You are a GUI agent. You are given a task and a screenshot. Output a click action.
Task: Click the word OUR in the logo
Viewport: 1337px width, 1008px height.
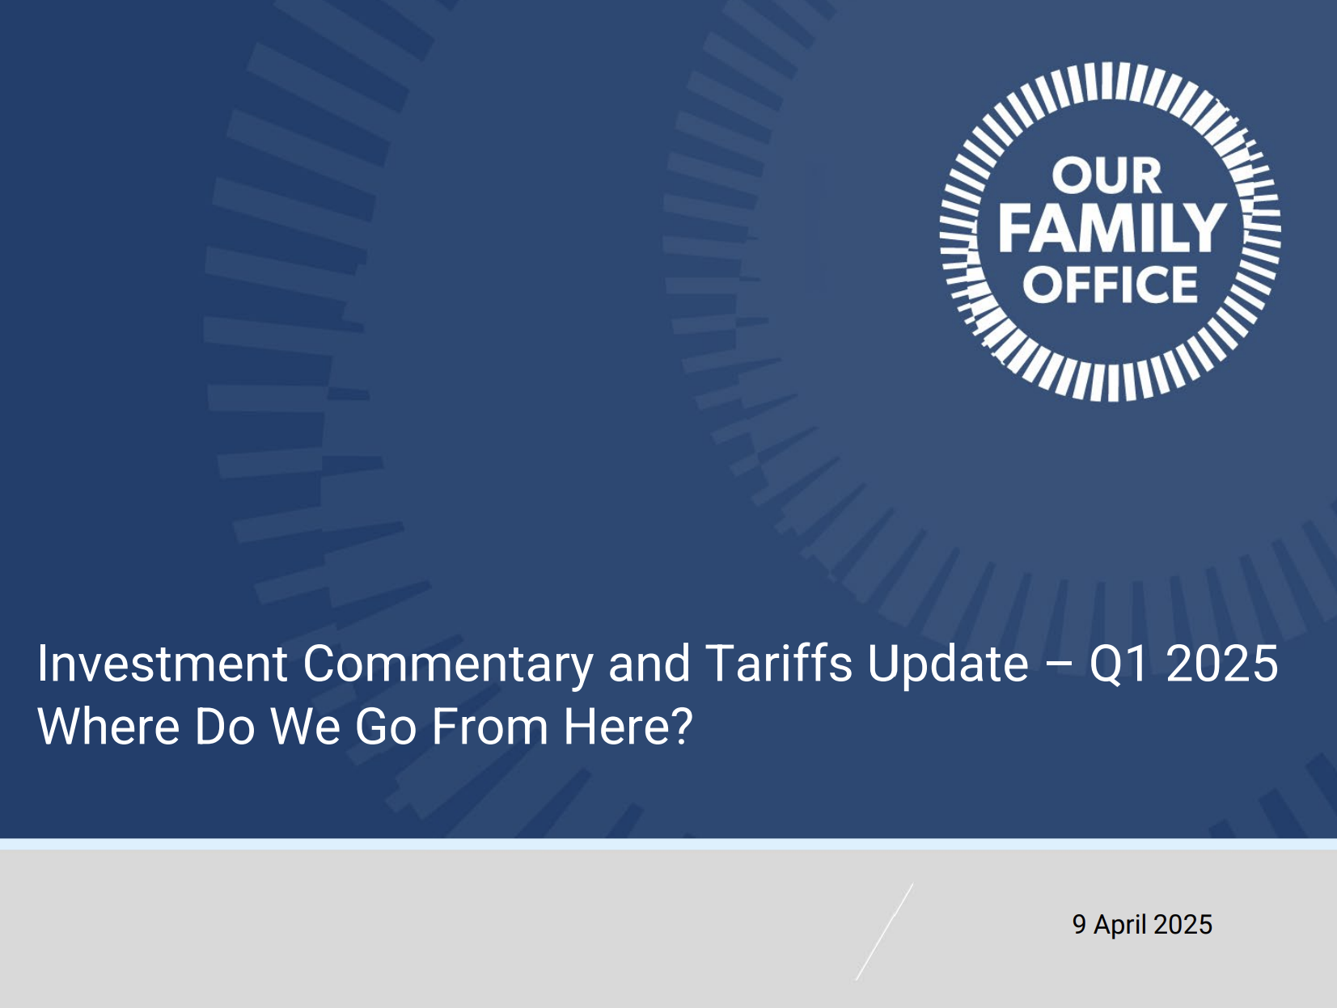click(x=1106, y=175)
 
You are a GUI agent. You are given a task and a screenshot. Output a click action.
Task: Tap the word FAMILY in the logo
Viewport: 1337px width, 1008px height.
click(x=1112, y=228)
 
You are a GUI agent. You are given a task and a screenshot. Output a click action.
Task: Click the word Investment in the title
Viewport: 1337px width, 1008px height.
click(x=163, y=664)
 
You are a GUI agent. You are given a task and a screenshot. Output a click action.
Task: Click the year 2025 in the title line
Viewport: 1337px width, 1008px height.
click(x=1222, y=664)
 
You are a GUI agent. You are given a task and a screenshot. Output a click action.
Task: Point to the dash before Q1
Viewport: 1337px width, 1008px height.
click(x=1059, y=665)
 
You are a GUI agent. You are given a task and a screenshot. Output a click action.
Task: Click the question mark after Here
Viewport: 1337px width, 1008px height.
click(x=683, y=726)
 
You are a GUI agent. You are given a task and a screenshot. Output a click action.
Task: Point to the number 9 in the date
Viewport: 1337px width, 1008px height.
click(x=1079, y=925)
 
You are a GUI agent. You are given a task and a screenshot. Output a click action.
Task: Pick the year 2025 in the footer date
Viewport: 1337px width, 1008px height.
click(x=1183, y=925)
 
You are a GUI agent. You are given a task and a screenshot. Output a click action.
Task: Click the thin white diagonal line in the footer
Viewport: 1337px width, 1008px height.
click(x=884, y=932)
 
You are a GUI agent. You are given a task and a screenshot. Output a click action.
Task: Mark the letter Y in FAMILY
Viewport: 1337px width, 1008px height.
click(x=1206, y=228)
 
